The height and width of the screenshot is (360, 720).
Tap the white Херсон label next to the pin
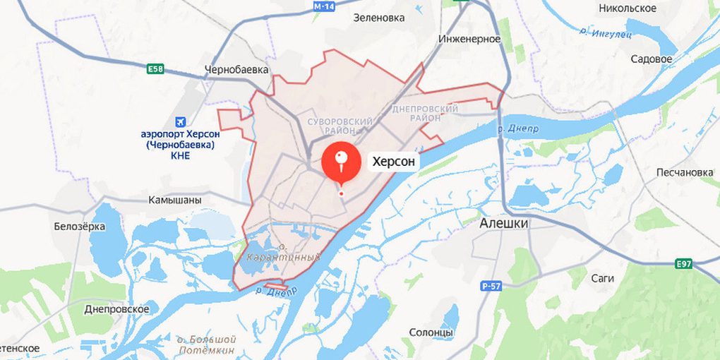click(x=395, y=162)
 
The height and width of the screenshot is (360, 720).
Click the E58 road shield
click(x=155, y=68)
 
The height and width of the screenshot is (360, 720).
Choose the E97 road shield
click(x=683, y=264)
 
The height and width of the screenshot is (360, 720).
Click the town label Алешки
click(x=504, y=223)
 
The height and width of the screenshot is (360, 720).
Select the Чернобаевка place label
click(x=236, y=70)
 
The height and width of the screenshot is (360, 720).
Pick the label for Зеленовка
click(x=379, y=18)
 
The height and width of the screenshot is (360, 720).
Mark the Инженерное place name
click(x=469, y=39)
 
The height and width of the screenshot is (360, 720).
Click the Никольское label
click(x=627, y=8)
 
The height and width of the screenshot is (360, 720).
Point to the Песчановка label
click(x=685, y=172)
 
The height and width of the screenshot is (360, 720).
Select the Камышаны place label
click(x=174, y=200)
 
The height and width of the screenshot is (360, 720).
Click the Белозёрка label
click(x=79, y=227)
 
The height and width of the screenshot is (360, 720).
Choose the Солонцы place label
click(x=431, y=332)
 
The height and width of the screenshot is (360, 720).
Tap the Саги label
click(x=602, y=278)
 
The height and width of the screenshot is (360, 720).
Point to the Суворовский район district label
click(x=340, y=126)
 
